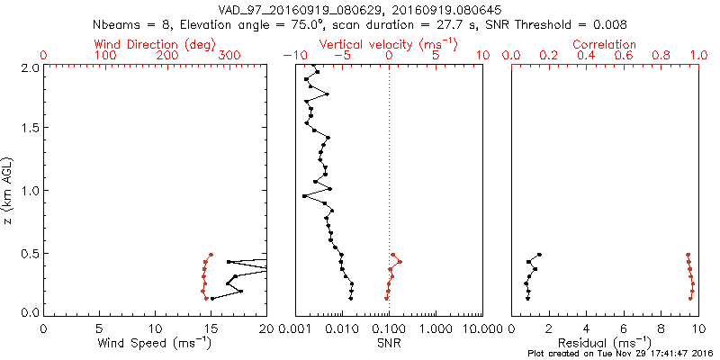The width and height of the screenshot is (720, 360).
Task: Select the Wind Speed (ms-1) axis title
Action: (155, 343)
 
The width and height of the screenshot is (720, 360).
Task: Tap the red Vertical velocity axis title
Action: (389, 44)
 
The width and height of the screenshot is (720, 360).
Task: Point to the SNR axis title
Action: (389, 343)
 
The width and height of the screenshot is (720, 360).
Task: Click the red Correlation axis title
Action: (604, 44)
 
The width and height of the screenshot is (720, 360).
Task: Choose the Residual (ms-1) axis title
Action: (604, 343)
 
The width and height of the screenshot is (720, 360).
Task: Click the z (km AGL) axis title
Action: (10, 190)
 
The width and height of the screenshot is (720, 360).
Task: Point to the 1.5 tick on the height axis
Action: (30, 128)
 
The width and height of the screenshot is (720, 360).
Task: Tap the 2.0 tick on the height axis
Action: (30, 67)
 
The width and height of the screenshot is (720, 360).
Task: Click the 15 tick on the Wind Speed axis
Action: (211, 329)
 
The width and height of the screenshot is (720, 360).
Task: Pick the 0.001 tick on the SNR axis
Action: (296, 329)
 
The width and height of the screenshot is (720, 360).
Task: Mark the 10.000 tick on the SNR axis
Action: (482, 329)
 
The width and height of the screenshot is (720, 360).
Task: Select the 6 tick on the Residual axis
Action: (623, 329)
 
